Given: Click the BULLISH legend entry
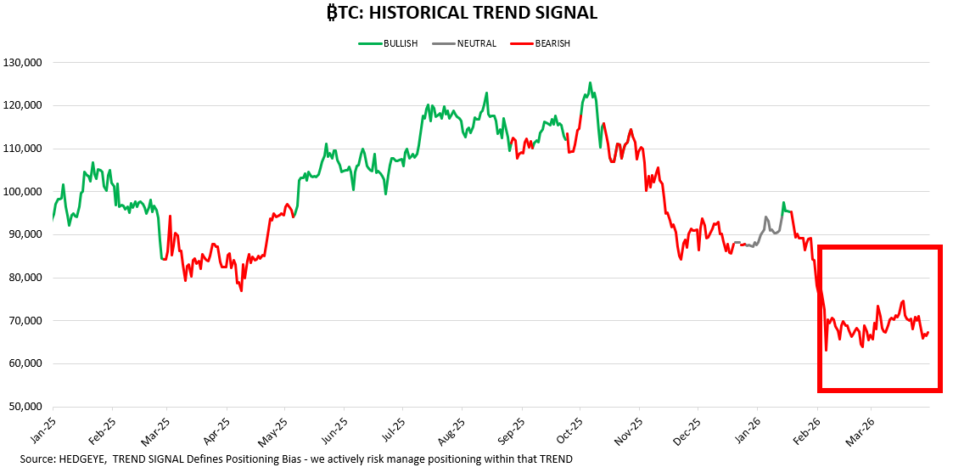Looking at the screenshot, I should point(388,43).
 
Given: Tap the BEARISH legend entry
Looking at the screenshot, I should point(541,43).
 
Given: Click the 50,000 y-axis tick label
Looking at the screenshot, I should point(25,407).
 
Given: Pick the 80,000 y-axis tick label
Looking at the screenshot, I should point(25,278).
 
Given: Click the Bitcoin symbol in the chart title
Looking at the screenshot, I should point(334,13).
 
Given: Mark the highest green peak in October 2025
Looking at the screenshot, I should point(590,83).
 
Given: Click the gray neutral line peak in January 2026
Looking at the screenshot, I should point(765,217).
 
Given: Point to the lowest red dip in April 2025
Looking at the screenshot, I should point(241,291).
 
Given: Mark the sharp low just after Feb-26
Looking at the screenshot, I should point(826,350).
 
